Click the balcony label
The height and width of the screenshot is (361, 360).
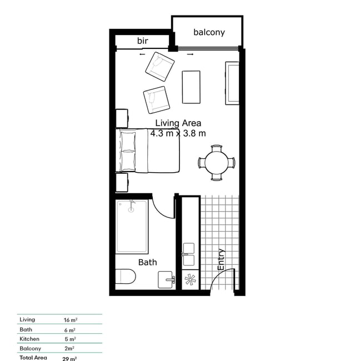209,32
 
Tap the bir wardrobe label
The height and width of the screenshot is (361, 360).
143,41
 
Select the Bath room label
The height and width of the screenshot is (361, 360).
147,262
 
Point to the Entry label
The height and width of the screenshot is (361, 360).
221,259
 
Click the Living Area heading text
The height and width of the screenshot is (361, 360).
178,123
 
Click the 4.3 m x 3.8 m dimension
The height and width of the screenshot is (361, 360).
178,133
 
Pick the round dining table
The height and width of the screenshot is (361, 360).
217,163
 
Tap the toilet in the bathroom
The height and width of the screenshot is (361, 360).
125,276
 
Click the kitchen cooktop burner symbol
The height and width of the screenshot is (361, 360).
190,280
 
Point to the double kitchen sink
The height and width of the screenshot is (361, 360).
189,254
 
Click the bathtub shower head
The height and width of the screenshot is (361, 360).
131,206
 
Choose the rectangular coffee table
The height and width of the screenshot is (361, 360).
191,87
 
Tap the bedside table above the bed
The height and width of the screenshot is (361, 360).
122,118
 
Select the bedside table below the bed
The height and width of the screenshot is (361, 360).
122,182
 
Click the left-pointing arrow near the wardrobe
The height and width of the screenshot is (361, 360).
142,54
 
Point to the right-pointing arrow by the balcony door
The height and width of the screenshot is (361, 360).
190,54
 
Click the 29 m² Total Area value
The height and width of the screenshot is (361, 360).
69,359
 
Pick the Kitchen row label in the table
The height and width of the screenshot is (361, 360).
29,339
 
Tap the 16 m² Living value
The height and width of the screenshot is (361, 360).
71,320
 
